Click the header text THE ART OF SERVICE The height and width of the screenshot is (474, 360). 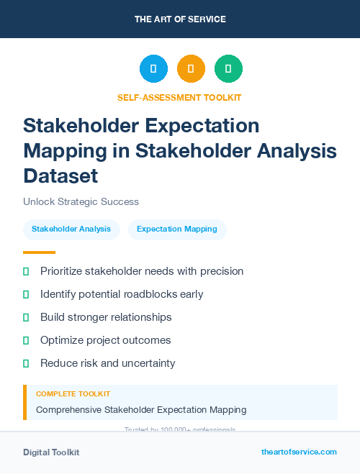180,19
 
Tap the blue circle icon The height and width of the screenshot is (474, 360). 153,69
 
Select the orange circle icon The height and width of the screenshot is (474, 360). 191,69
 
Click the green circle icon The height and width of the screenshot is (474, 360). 228,69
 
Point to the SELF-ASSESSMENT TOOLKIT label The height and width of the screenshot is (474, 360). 179,97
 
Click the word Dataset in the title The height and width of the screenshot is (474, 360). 60,175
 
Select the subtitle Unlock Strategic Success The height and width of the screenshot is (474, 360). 81,202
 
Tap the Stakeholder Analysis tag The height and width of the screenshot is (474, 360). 71,229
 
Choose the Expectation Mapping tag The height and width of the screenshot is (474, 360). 177,229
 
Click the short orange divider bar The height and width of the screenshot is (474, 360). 39,252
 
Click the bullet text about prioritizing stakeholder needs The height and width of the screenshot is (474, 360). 142,271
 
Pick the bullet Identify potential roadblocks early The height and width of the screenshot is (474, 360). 122,294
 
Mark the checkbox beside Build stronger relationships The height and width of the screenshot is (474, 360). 26,317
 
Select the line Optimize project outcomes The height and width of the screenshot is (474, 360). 105,340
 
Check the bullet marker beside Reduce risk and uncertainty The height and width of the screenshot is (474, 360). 26,363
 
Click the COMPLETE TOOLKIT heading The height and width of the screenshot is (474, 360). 73,394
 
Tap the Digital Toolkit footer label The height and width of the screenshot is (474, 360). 51,452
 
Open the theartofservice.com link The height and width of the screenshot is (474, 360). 299,452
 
